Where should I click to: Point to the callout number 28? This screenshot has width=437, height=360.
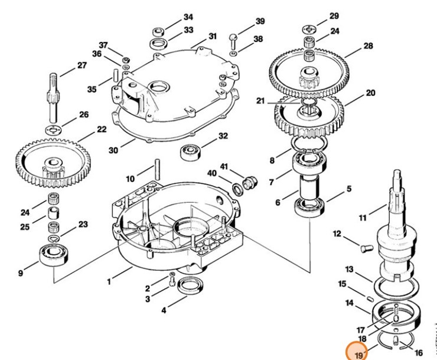(368, 46)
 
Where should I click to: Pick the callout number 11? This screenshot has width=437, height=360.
(363, 218)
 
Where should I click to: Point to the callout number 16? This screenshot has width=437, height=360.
(419, 353)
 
